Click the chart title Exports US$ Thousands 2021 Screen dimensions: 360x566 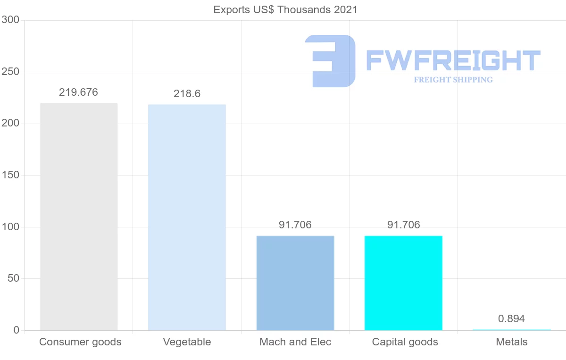point(285,9)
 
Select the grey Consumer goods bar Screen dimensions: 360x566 point(79,217)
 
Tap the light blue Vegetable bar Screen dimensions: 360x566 point(187,217)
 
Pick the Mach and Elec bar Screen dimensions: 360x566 point(295,283)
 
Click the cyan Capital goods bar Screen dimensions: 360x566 point(403,283)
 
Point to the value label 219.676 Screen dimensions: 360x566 point(78,92)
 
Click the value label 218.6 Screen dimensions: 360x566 point(187,94)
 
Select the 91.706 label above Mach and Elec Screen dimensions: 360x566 point(295,225)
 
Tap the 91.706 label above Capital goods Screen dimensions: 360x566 point(403,225)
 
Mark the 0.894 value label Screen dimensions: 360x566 point(511,319)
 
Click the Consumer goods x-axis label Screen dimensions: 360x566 point(80,342)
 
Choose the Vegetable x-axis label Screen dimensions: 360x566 point(187,342)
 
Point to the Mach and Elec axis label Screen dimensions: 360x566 point(295,342)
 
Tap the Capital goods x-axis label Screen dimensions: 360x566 point(405,342)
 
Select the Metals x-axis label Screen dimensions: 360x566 point(512,342)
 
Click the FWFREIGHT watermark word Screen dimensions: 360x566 point(453,60)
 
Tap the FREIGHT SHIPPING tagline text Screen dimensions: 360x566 point(453,80)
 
